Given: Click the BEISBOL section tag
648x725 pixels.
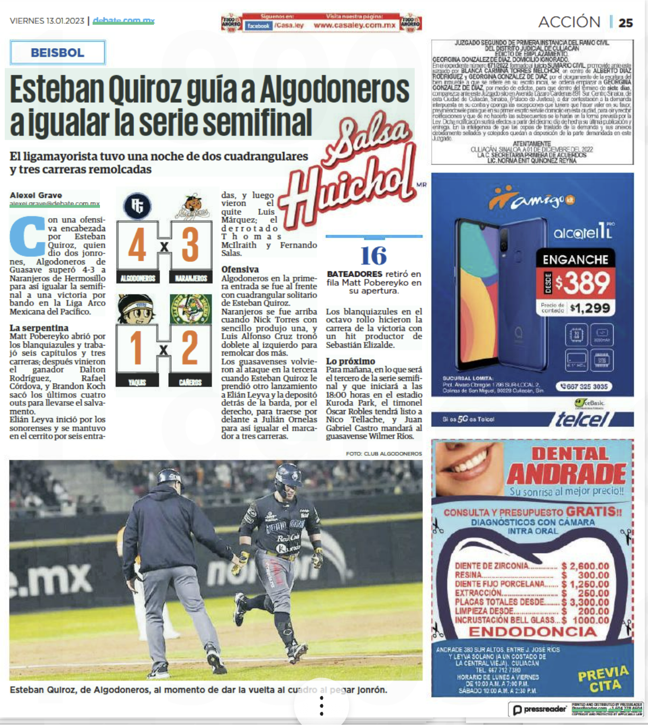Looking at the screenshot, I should pos(57,52).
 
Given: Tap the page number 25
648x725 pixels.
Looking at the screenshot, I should pos(626,23).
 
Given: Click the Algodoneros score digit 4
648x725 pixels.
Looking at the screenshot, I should pos(138,245).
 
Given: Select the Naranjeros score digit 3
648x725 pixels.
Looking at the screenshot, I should pos(190,245).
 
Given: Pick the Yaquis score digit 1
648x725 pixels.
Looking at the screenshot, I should pos(136,348).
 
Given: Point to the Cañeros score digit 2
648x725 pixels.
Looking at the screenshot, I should pos(190,348).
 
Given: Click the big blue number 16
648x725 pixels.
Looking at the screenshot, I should pos(373,256).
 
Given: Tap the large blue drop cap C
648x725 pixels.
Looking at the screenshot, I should pos(28,236).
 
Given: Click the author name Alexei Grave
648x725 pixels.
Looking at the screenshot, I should pos(36,195).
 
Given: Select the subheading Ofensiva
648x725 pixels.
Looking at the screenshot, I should pos(240,269).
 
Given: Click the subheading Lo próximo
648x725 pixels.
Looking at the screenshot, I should pos(350,361).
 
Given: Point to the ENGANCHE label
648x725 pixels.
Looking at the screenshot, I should pos(576,259).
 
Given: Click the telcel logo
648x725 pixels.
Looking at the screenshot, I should pos(582,419).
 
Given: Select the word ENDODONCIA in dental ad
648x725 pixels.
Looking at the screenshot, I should pos(532,631).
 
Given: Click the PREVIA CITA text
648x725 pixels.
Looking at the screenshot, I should pos(604,679).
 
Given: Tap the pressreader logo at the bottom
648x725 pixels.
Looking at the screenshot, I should pos(540,709).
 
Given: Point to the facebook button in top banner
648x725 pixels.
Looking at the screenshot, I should pos(258,25).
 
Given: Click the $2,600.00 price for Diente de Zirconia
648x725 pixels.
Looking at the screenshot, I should pos(586,566).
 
